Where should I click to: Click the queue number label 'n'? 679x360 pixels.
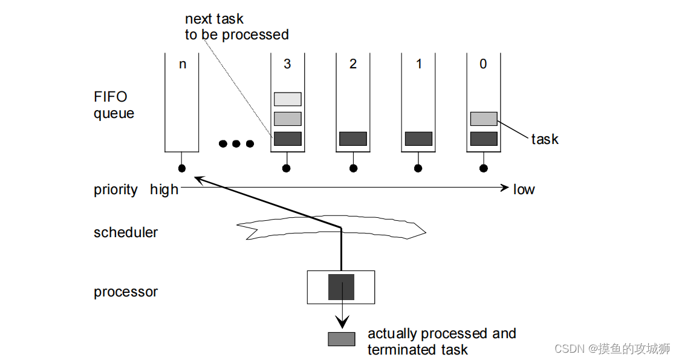coord(183,64)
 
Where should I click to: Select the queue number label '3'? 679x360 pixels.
coord(287,64)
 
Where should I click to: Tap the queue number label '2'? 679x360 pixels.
coord(353,64)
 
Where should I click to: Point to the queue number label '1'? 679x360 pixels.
coord(419,64)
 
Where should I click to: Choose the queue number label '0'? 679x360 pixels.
coord(483,64)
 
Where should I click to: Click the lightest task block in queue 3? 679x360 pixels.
coord(287,99)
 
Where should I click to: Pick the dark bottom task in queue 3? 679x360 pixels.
coord(287,139)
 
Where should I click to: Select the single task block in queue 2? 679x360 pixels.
coord(353,139)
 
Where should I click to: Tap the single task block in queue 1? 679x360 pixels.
coord(418,139)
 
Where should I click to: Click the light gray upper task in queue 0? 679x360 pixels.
coord(484,119)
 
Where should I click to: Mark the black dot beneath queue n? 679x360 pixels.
coord(182,168)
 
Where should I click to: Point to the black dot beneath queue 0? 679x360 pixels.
coord(483,168)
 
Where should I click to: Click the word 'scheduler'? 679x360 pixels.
coord(126,232)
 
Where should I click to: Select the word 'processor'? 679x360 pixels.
coord(126,292)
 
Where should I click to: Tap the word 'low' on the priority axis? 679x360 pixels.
coord(524,189)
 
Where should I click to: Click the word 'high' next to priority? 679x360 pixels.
coord(164,189)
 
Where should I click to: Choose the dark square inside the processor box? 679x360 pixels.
coord(341,287)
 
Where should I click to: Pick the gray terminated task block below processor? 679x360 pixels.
coord(341,339)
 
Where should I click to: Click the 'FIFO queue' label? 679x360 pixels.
coord(114,105)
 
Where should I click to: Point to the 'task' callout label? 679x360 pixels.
coord(545,139)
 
